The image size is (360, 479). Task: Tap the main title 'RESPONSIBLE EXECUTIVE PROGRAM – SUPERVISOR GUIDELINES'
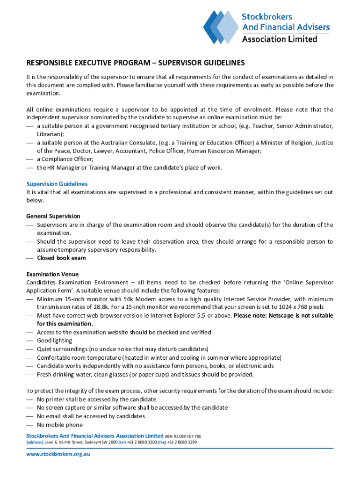[135, 63]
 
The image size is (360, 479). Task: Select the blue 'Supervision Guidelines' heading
[57, 184]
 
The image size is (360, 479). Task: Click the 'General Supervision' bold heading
[53, 216]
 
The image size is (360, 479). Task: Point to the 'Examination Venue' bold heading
[52, 274]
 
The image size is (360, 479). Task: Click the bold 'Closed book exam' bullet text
[61, 258]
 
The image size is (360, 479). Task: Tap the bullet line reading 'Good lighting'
[54, 341]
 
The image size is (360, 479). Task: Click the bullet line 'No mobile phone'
[59, 425]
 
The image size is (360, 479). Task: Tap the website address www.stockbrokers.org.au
[58, 454]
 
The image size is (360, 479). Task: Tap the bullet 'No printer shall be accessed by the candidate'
[96, 399]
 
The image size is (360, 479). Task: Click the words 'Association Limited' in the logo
[279, 39]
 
